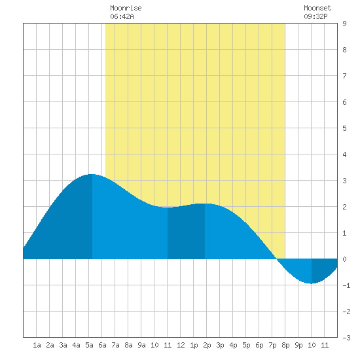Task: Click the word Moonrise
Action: pos(126,8)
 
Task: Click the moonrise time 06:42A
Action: pos(122,16)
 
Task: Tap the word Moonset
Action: pos(317,8)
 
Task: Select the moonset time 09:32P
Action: pos(315,16)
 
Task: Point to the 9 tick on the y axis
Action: pos(344,24)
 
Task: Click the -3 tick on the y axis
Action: pos(346,338)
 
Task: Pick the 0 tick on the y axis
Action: pos(344,259)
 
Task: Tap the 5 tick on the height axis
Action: pos(344,128)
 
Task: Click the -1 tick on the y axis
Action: pos(346,285)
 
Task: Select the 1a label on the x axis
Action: pos(37,345)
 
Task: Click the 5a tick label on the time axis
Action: pos(89,345)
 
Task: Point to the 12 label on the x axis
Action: pos(181,345)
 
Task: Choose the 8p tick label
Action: pos(285,345)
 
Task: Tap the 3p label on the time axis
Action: pos(220,345)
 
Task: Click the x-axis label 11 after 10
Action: pos(325,345)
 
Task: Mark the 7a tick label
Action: pos(115,345)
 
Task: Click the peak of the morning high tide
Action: pos(92,174)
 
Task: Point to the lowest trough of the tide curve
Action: pos(312,283)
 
